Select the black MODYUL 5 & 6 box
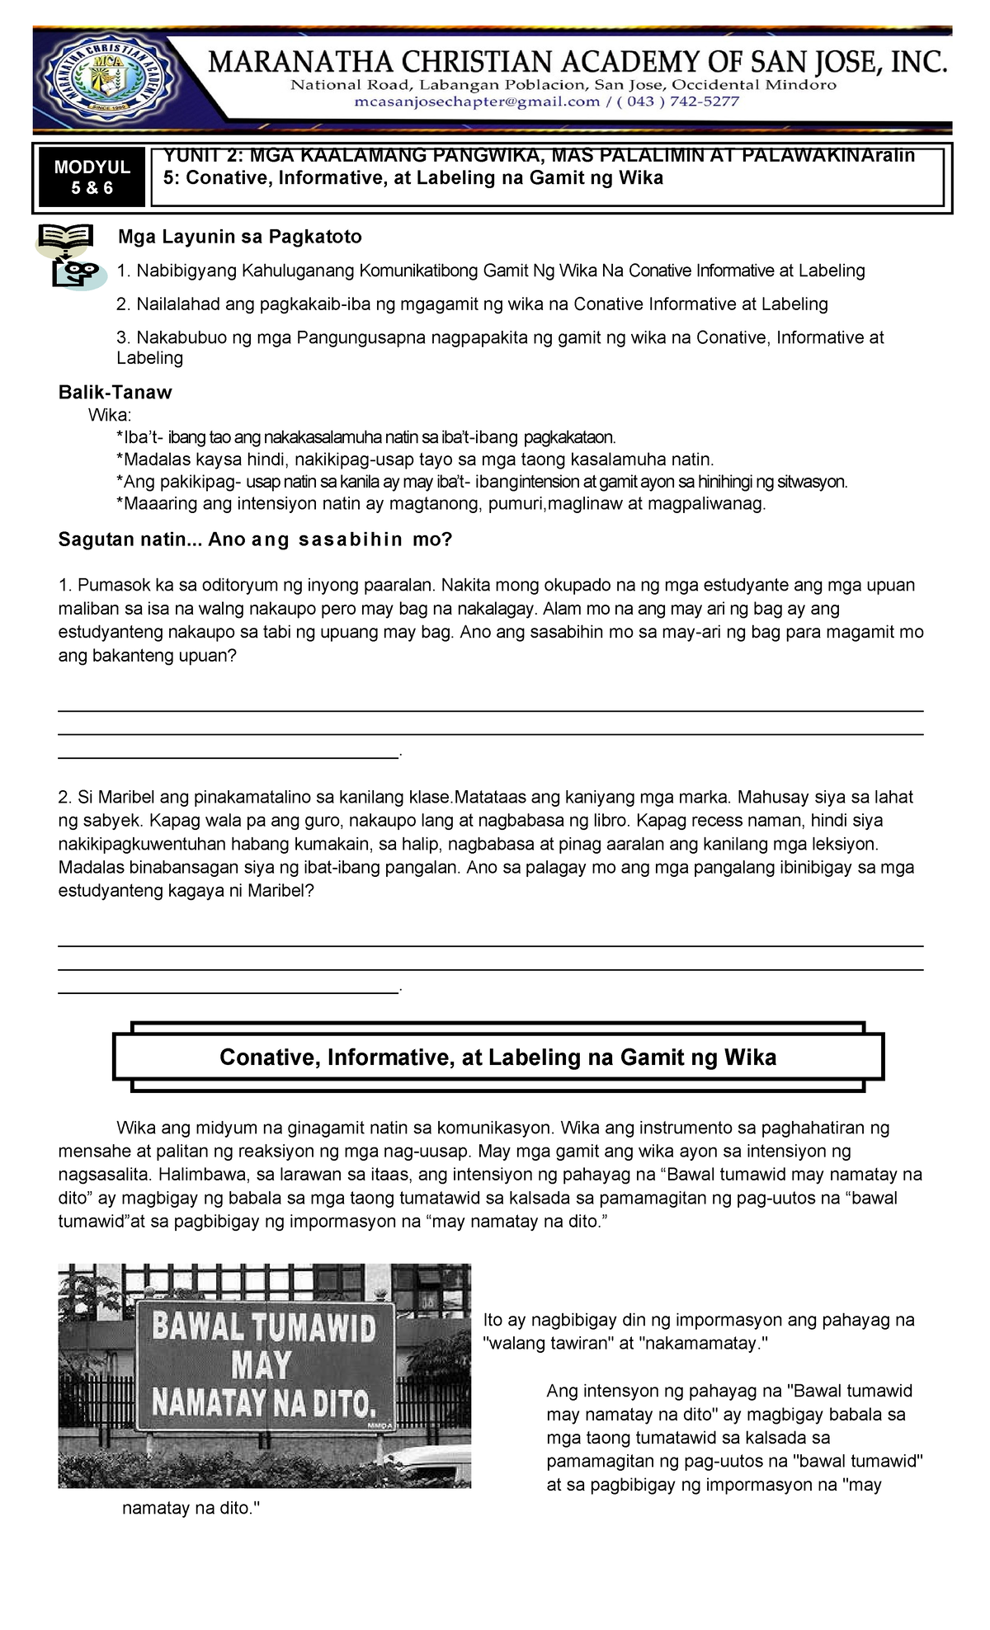(92, 177)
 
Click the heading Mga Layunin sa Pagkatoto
(239, 237)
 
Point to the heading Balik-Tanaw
(115, 393)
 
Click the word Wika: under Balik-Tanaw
(110, 415)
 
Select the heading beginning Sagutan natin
(255, 539)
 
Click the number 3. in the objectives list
(124, 337)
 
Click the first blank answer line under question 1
(490, 710)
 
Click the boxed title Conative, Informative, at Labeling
(497, 1058)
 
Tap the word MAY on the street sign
(262, 1365)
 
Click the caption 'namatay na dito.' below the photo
(191, 1508)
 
